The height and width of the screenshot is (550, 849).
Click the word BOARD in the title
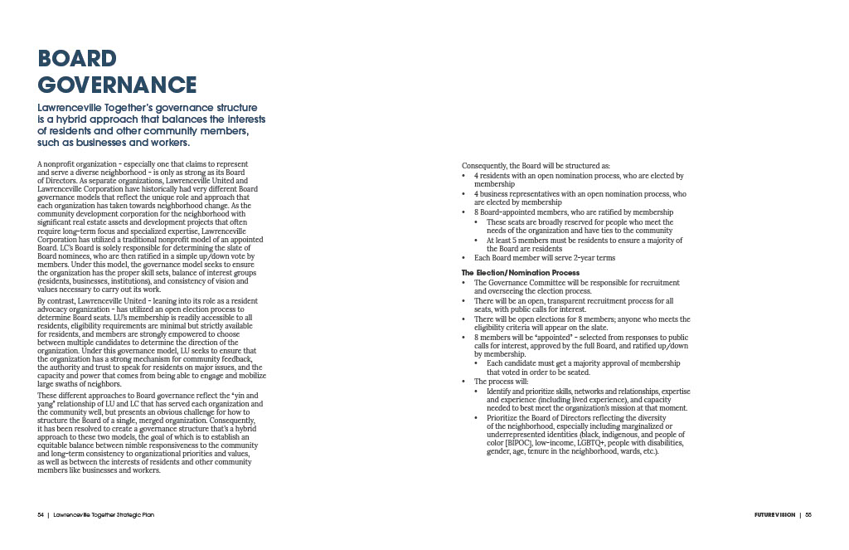77,59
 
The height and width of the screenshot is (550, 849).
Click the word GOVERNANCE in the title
117,85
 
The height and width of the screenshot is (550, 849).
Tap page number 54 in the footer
40,514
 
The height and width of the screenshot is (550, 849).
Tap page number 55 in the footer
808,514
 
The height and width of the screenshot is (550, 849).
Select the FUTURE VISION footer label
769,514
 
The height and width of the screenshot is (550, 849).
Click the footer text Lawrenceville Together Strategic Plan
103,514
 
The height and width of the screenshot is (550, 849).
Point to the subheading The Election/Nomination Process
520,273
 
